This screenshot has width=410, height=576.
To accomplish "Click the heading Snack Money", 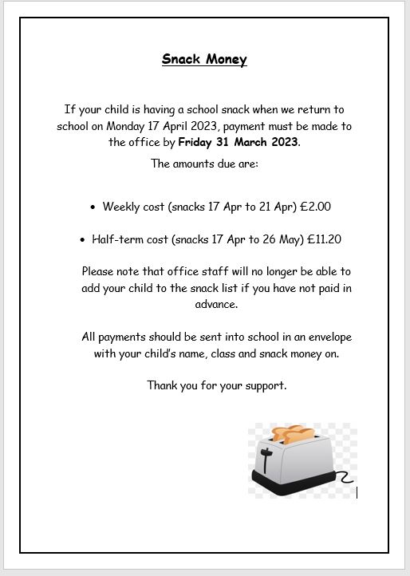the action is coord(204,59).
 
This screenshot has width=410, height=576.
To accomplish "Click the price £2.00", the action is coord(315,207).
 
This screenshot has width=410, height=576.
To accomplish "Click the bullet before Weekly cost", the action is coord(93,207).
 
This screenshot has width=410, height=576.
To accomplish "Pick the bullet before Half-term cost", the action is coord(83,240).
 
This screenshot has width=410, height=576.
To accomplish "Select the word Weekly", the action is coord(121,207).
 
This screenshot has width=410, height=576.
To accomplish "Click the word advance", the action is coord(216,304).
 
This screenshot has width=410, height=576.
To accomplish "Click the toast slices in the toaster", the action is coord(292,435).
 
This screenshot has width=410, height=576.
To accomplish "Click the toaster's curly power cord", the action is coord(345,478).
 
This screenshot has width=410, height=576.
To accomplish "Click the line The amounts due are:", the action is coord(204,164).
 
